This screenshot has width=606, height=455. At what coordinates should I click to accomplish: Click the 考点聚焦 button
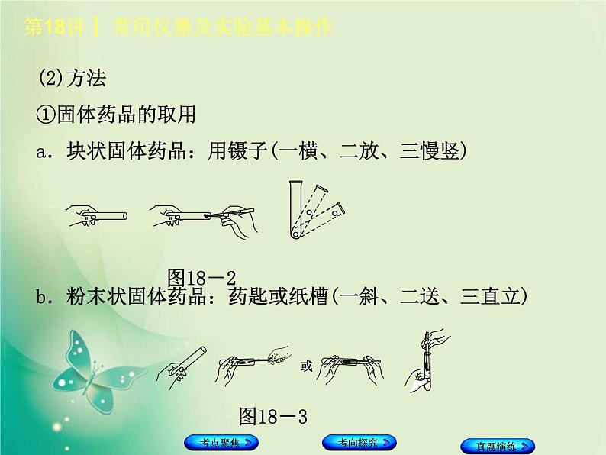tap(221, 442)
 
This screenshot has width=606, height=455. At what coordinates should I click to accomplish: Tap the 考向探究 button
tap(359, 442)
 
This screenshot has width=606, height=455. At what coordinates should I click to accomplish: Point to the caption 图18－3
tap(272, 416)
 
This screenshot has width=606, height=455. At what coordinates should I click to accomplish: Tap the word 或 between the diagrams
tap(307, 366)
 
